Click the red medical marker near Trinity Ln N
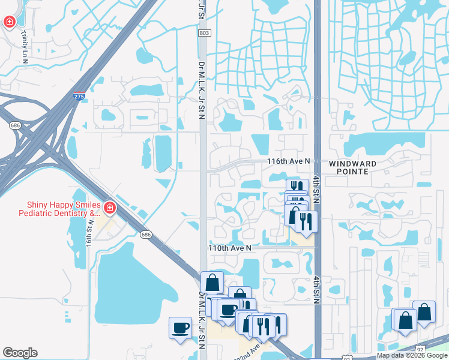pyautogui.click(x=10, y=23)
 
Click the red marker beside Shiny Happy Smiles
pyautogui.click(x=109, y=208)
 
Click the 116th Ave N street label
pyautogui.click(x=289, y=161)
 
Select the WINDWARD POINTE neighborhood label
pyautogui.click(x=353, y=167)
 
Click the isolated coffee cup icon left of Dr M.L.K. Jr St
pyautogui.click(x=180, y=328)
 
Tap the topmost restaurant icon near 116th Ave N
pyautogui.click(x=297, y=187)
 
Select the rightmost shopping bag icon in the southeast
pyautogui.click(x=424, y=312)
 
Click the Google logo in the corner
pyautogui.click(x=20, y=353)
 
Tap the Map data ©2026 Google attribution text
pyautogui.click(x=411, y=355)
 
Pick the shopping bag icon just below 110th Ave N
pyautogui.click(x=212, y=282)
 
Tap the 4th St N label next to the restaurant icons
pyautogui.click(x=316, y=191)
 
